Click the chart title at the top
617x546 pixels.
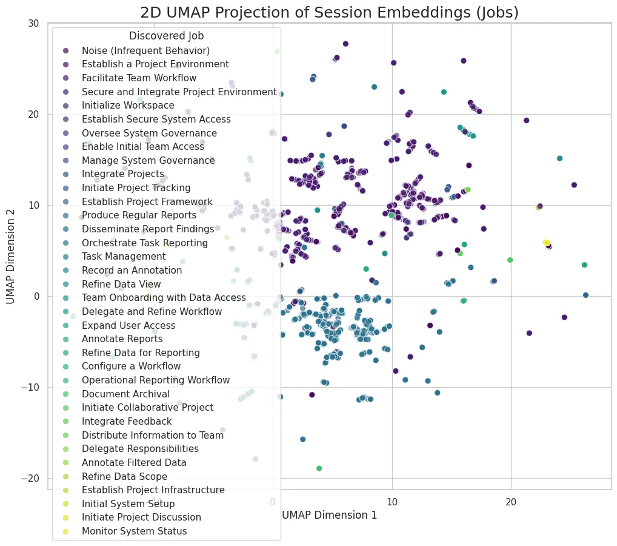click(x=329, y=12)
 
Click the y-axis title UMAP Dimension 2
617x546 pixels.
click(x=11, y=257)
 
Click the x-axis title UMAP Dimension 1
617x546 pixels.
click(x=329, y=515)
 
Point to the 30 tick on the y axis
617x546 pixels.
click(x=33, y=23)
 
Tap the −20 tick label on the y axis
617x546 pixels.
click(x=31, y=478)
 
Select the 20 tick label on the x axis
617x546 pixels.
click(x=511, y=502)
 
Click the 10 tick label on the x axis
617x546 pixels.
click(x=392, y=502)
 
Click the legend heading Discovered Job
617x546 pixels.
click(x=167, y=36)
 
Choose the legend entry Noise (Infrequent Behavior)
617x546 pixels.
click(x=145, y=51)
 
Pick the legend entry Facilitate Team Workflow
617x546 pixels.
click(x=139, y=78)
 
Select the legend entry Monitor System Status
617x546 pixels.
click(x=134, y=531)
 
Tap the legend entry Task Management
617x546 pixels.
click(x=124, y=257)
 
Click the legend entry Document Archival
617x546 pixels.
click(x=125, y=394)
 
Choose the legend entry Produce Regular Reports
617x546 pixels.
click(x=139, y=215)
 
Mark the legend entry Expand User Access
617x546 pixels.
click(x=128, y=325)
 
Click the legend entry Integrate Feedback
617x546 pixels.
click(x=127, y=422)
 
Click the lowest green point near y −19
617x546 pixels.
click(x=319, y=468)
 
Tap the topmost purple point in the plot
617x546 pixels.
click(x=345, y=44)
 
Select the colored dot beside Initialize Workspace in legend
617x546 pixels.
click(x=65, y=106)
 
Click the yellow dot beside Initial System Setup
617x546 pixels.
click(x=65, y=504)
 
